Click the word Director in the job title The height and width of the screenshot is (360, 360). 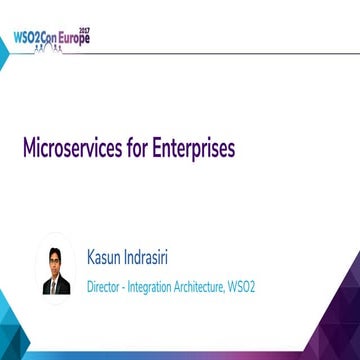106,285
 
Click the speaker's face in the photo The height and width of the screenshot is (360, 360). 54,257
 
